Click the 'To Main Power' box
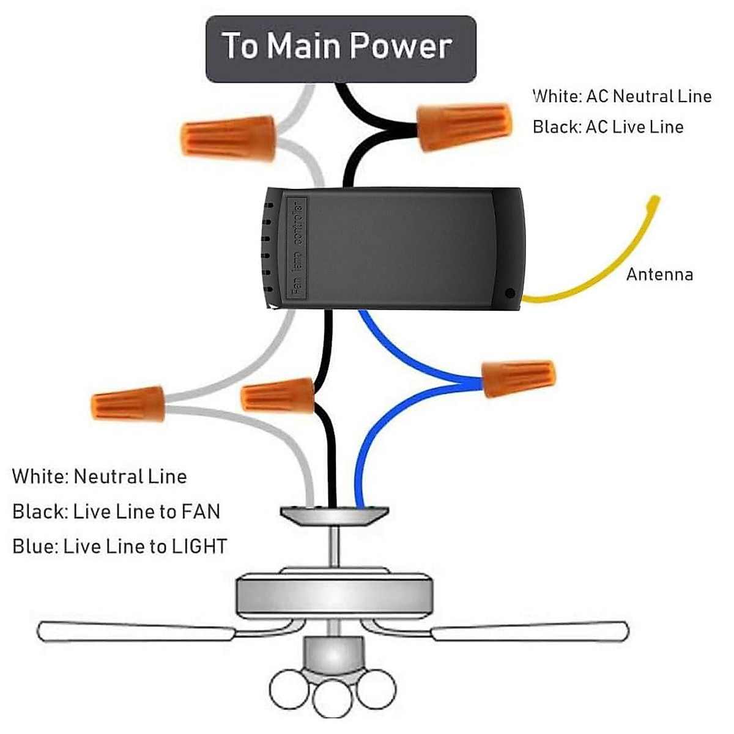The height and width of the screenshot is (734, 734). tap(341, 48)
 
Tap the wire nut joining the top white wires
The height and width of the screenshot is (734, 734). tap(228, 138)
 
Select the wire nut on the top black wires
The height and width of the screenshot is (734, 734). tap(464, 127)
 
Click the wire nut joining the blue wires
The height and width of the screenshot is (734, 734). tap(519, 378)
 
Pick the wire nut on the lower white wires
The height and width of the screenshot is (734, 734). tap(128, 404)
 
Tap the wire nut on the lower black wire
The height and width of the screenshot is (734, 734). tap(278, 396)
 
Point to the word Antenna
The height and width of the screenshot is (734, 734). tap(659, 274)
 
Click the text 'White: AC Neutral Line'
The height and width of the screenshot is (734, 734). tap(621, 96)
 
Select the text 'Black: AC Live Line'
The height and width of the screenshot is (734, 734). tap(607, 127)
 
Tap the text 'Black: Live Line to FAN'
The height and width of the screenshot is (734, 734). tap(116, 511)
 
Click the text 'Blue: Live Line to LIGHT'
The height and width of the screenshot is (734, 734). tap(120, 546)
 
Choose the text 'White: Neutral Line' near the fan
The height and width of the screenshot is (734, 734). tap(99, 476)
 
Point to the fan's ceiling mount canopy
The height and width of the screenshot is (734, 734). tap(335, 515)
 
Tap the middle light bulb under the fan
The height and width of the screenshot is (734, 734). tap(332, 697)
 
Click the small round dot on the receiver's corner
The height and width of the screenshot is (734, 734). tap(510, 294)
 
